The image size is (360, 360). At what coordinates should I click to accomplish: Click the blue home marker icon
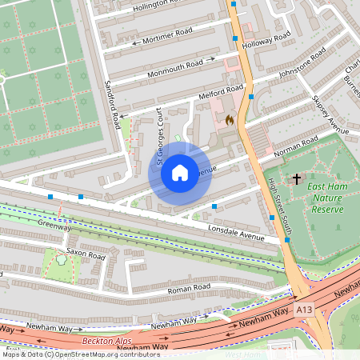180,172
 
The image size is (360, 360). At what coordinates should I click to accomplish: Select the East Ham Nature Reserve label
325,198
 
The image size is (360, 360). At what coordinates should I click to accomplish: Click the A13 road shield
303,307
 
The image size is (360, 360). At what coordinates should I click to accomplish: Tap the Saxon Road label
86,256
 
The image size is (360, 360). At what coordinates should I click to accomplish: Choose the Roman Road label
189,286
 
